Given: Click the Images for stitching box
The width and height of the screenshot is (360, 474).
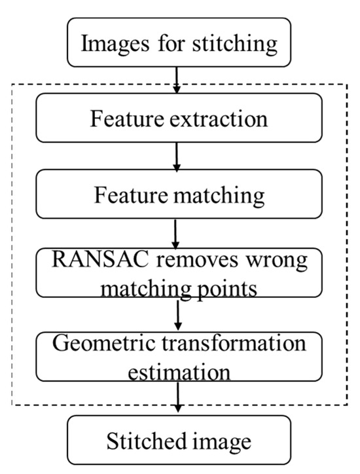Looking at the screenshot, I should click(178, 45).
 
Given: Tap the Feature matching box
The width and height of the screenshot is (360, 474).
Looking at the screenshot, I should click(178, 195).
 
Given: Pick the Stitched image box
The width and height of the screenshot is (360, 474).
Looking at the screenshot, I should click(178, 442).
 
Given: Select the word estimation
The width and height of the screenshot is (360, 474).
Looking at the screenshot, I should click(178, 372).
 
